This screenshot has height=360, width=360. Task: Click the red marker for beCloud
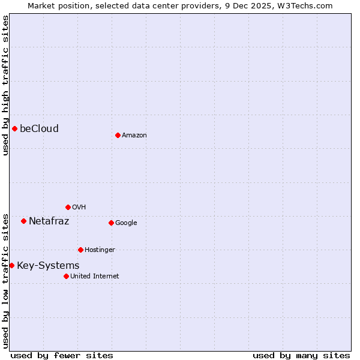click(x=14, y=128)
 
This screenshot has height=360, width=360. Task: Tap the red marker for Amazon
click(x=118, y=135)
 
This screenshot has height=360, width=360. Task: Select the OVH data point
click(x=68, y=207)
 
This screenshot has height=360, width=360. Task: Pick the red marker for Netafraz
click(x=23, y=221)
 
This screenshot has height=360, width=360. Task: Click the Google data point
click(x=111, y=223)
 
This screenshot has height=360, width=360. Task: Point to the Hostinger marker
click(x=80, y=250)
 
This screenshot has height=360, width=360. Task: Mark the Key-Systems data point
click(x=11, y=265)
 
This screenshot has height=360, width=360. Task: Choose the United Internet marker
click(x=66, y=276)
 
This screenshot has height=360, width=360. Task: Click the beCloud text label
click(x=39, y=128)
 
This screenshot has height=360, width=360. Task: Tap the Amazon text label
click(x=134, y=136)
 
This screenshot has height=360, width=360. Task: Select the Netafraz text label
click(x=49, y=221)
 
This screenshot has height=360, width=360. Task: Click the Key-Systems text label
click(x=48, y=265)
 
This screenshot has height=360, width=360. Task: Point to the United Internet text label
click(x=95, y=277)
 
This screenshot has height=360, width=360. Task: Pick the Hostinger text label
click(x=100, y=250)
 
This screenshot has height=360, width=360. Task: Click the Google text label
click(x=126, y=223)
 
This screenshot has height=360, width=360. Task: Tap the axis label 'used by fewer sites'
click(x=62, y=355)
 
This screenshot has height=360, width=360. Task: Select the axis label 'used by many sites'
click(x=301, y=355)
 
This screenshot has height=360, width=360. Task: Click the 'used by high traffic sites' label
click(x=5, y=85)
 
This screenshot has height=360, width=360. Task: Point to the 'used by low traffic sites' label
click(x=5, y=281)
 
